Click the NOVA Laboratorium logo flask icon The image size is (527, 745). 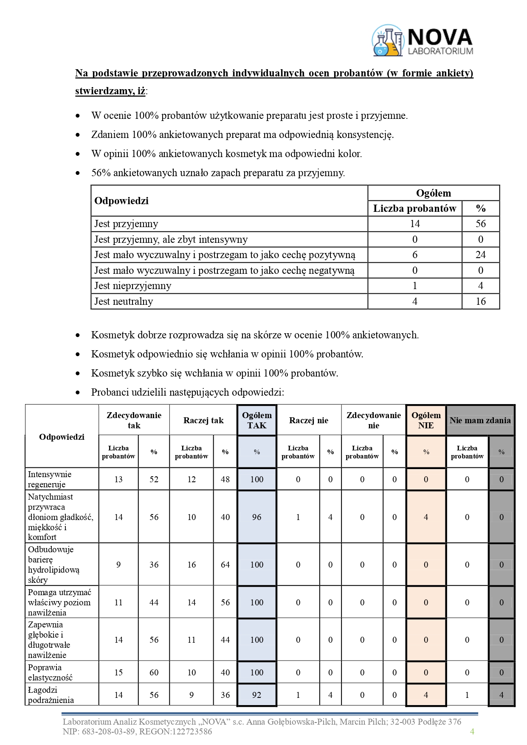pos(387,41)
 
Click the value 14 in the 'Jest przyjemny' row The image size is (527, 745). pos(414,224)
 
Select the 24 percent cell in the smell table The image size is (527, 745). pos(480,255)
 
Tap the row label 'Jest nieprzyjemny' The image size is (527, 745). pos(132,286)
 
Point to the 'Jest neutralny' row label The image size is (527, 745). pos(124,301)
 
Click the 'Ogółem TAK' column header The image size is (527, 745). pos(256,420)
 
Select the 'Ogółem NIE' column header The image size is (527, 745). pos(426,420)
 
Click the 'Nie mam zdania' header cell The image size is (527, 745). pos(480,420)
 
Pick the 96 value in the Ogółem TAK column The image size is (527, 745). pos(256,517)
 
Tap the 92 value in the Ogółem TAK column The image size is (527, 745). pos(256,695)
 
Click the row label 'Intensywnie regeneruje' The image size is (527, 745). pos(50,479)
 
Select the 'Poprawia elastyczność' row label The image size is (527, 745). pos(50,672)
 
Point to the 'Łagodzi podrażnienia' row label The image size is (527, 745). pos(51,695)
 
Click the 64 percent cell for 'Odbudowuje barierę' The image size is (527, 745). pos(225,565)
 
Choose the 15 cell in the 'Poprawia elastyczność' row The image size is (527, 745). pos(118,672)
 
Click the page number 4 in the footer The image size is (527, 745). pos(472,731)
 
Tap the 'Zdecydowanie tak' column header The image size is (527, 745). pos(134,420)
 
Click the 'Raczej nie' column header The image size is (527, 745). pos(309,420)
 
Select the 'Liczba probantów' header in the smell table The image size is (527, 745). pos(414,208)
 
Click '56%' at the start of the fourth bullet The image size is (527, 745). pos(101,173)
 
